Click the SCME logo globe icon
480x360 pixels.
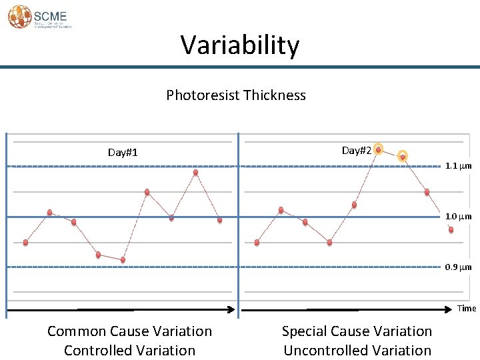coord(19,17)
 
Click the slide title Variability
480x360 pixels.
coord(240,45)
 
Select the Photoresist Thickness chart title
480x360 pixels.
coord(236,95)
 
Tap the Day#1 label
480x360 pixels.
coord(123,153)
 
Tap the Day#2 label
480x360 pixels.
coord(356,151)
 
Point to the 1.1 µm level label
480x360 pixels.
coord(459,166)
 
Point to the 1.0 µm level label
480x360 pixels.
coord(459,217)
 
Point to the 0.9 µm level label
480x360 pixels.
coord(459,267)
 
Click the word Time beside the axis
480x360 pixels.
coord(467,308)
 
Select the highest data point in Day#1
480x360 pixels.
coord(195,172)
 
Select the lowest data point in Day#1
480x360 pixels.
coord(123,259)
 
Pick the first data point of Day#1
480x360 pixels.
coord(25,243)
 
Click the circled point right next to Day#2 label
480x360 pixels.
coord(378,150)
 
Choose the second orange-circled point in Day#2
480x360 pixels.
coord(403,157)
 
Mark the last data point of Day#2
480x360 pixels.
coord(451,230)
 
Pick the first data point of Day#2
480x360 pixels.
coord(257,242)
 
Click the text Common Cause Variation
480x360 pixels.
coord(129,331)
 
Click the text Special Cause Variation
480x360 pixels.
coord(357,331)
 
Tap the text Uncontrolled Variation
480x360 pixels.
coord(357,350)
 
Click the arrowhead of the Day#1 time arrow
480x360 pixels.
coord(233,309)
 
